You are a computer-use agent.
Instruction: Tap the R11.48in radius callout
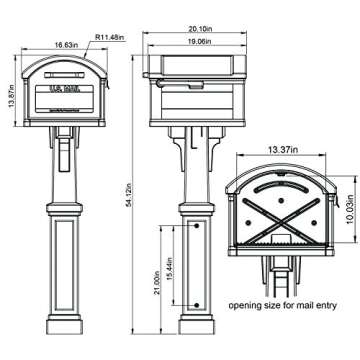click(x=110, y=38)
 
